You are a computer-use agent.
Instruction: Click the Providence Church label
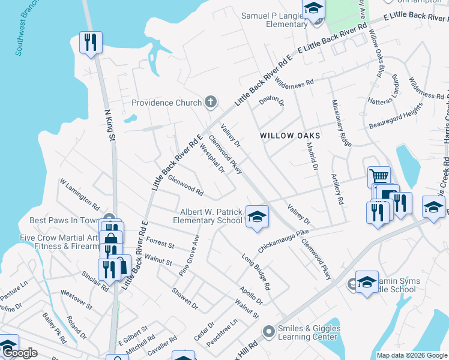(x=166, y=103)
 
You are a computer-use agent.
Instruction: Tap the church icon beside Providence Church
(x=210, y=102)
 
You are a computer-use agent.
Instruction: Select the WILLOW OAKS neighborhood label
(x=290, y=136)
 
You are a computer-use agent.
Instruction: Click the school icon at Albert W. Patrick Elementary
(x=256, y=217)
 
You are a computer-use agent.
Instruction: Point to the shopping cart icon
(x=378, y=177)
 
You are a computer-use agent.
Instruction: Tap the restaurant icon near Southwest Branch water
(x=91, y=43)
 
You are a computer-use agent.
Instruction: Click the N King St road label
(x=109, y=125)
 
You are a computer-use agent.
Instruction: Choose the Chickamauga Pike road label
(x=283, y=239)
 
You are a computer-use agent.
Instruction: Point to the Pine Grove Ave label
(x=188, y=256)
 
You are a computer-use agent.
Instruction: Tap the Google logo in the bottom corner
(x=19, y=353)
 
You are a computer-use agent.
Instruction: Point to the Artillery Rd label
(x=337, y=190)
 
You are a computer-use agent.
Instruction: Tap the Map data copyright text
(x=411, y=355)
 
